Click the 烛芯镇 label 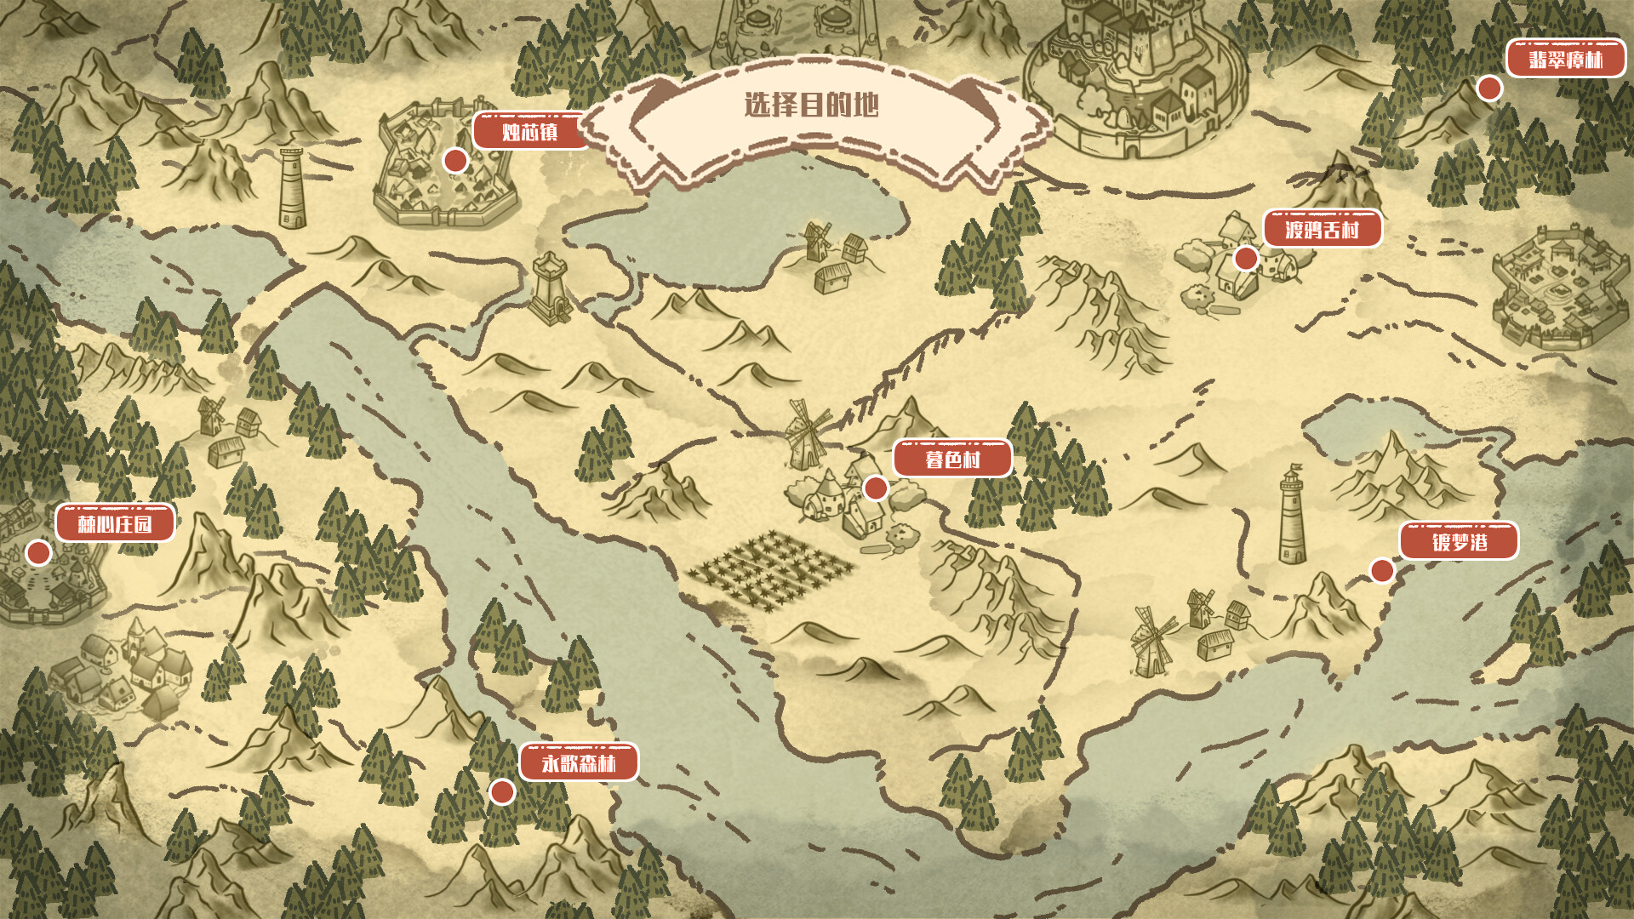click(529, 132)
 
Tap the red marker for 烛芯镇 click(455, 160)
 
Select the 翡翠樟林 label click(1565, 60)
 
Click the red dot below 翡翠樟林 click(1488, 88)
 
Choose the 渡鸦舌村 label click(1322, 230)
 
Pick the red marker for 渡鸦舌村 click(1246, 258)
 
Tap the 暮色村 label click(952, 459)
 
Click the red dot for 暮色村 click(875, 488)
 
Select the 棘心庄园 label click(115, 523)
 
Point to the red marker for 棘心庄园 click(38, 553)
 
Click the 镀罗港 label click(1459, 542)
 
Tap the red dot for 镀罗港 click(1382, 570)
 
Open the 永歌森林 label click(579, 763)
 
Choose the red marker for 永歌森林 click(502, 791)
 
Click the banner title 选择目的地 click(811, 106)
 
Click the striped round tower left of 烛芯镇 click(292, 189)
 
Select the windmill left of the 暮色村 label click(804, 436)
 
